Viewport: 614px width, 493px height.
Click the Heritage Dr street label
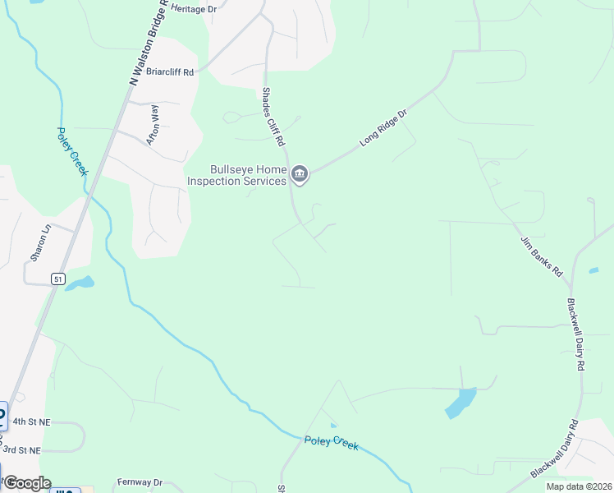point(194,7)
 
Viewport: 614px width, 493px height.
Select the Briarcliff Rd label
point(170,71)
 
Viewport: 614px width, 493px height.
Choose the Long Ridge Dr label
point(383,128)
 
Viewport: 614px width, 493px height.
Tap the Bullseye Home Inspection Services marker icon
point(300,173)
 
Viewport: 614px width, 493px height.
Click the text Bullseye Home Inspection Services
point(237,175)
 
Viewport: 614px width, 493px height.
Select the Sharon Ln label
point(40,242)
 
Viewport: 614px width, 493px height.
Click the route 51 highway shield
point(57,279)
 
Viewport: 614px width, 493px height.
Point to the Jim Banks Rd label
point(541,256)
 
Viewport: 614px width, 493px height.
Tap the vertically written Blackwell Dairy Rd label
point(577,332)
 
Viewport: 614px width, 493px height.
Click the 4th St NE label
point(31,422)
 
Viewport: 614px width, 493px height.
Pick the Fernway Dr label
point(140,482)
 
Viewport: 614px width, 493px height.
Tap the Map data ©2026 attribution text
point(579,486)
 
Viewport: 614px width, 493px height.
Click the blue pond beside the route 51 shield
point(79,283)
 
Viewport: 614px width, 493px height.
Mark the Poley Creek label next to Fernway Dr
point(332,443)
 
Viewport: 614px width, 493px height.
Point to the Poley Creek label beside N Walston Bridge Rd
point(72,151)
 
